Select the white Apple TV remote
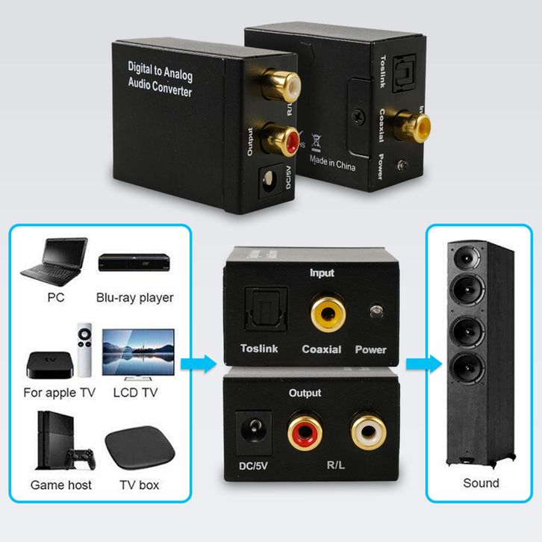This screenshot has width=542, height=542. tap(87, 349)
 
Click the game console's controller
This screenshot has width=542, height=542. tap(79, 458)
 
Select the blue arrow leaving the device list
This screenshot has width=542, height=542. tap(199, 364)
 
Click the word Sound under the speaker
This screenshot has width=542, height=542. tap(481, 483)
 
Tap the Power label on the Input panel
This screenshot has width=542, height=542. tap(370, 349)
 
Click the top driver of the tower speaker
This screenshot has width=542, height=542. tap(472, 258)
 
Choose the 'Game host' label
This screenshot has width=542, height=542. tap(61, 485)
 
